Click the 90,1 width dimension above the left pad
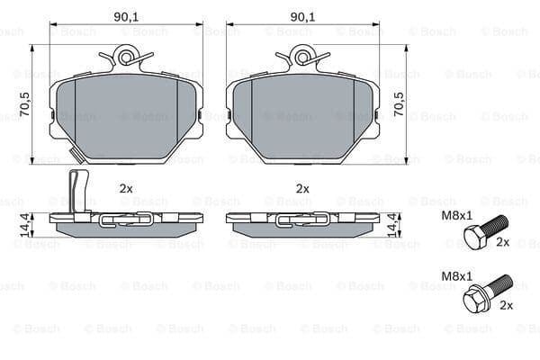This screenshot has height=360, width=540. coord(126,17)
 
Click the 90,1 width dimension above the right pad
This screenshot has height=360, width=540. coord(302,17)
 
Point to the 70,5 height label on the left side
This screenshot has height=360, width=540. coord(25,103)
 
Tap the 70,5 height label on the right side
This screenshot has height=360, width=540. coord(399,103)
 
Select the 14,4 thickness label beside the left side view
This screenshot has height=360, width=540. coord(25,225)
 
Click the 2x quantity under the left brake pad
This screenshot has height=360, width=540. coord(126,188)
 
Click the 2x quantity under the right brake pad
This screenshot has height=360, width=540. coord(302,188)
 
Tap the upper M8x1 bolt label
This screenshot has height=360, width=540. coord(457,216)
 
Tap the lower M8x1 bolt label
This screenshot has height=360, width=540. coord(457,276)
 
